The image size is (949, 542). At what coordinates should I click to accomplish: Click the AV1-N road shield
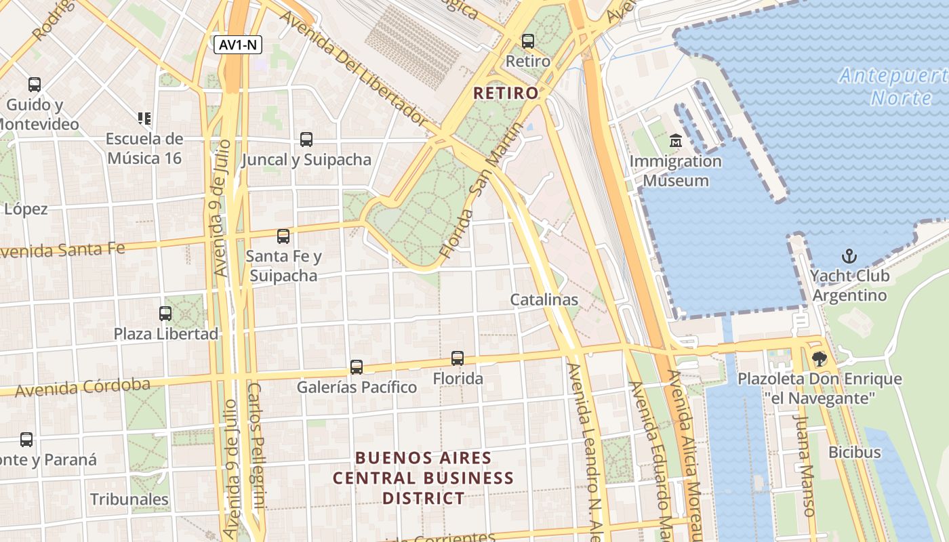(x=238, y=45)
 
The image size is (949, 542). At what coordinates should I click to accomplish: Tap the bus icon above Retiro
(x=528, y=41)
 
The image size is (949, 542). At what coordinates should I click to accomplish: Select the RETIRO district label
(x=506, y=93)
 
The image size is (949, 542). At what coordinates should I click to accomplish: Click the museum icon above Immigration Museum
(x=676, y=141)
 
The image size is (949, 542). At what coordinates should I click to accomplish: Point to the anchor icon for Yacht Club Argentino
(x=849, y=256)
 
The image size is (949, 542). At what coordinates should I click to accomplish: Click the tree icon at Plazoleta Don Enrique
(x=820, y=359)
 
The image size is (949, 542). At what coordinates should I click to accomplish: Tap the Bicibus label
(x=854, y=452)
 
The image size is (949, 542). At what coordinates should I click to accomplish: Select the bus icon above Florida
(x=458, y=358)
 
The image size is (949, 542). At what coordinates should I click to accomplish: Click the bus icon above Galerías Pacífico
(x=357, y=367)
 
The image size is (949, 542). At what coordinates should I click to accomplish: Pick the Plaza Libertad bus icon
(x=165, y=313)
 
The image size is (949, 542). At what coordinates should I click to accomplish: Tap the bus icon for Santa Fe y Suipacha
(x=283, y=236)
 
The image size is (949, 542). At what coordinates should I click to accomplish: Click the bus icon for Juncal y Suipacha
(x=306, y=140)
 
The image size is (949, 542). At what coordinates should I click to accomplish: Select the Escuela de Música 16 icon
(x=144, y=119)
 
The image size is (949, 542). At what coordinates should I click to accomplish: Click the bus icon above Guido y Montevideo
(x=35, y=85)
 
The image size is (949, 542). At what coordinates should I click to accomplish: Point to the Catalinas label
(x=544, y=299)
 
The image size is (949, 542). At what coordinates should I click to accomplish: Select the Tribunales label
(x=129, y=499)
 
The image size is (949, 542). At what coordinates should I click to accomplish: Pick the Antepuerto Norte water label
(x=895, y=86)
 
